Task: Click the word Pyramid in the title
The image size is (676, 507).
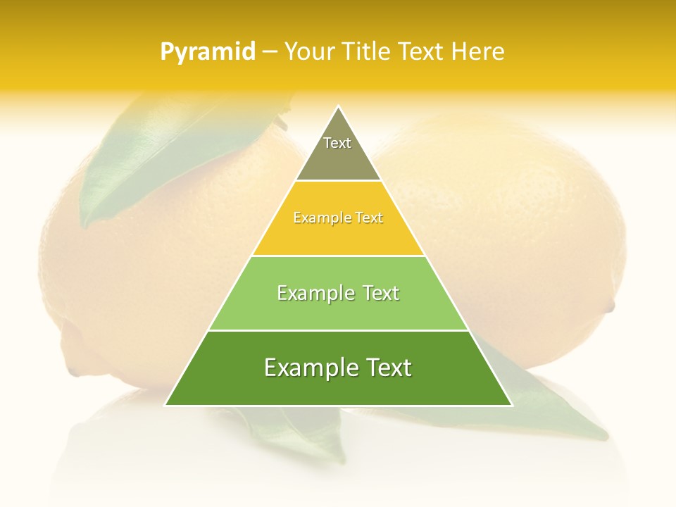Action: click(x=208, y=52)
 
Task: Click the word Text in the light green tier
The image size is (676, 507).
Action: click(x=380, y=293)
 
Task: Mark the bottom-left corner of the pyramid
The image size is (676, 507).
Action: click(x=166, y=405)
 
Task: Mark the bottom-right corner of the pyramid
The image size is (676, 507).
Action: click(x=511, y=405)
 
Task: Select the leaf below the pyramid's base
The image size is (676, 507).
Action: click(x=296, y=430)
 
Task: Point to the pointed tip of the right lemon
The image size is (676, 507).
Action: click(x=611, y=306)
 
